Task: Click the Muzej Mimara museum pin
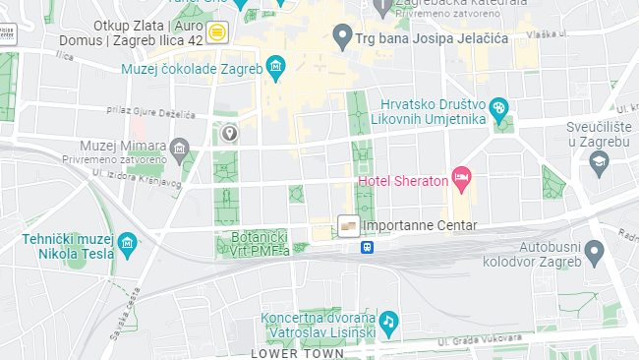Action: tap(179, 150)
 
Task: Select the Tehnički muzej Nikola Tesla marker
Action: tap(126, 244)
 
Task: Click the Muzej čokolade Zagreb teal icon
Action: tap(275, 69)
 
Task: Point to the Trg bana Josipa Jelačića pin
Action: tap(342, 37)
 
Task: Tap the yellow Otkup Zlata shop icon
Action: tap(217, 31)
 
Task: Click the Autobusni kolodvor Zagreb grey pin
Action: tap(593, 254)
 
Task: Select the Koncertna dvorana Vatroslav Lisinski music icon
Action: tap(388, 322)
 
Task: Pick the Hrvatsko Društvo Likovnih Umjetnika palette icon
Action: tap(498, 107)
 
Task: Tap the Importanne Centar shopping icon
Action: tap(347, 226)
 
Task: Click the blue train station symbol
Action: tap(367, 248)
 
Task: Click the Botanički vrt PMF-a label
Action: tap(259, 244)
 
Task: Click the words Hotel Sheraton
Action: tap(402, 180)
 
